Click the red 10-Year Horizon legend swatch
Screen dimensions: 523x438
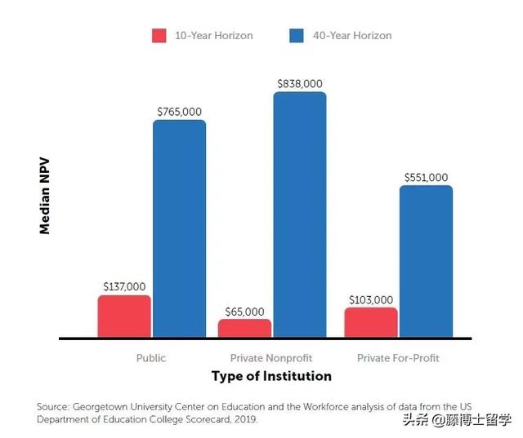(159, 36)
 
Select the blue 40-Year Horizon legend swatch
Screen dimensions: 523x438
(297, 36)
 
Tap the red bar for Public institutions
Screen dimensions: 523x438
(124, 316)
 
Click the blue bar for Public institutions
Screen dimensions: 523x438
(180, 228)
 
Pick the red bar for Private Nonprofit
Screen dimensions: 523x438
(245, 328)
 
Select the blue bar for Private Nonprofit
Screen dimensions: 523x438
(300, 215)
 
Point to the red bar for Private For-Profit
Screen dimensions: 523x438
(371, 322)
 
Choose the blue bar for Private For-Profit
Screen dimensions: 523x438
(427, 261)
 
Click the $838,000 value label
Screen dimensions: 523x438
(300, 84)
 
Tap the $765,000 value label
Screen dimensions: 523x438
(180, 112)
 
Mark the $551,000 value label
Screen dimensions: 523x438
(427, 177)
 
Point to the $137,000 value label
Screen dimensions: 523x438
(124, 286)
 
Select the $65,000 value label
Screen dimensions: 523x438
(245, 312)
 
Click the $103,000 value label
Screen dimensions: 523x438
(371, 300)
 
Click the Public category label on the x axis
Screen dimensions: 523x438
(150, 358)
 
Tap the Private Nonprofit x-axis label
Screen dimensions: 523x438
(271, 358)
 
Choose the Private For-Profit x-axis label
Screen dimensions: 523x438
(398, 358)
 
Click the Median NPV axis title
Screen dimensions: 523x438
(45, 196)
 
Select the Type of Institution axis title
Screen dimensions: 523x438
(271, 376)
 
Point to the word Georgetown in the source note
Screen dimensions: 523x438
(100, 407)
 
